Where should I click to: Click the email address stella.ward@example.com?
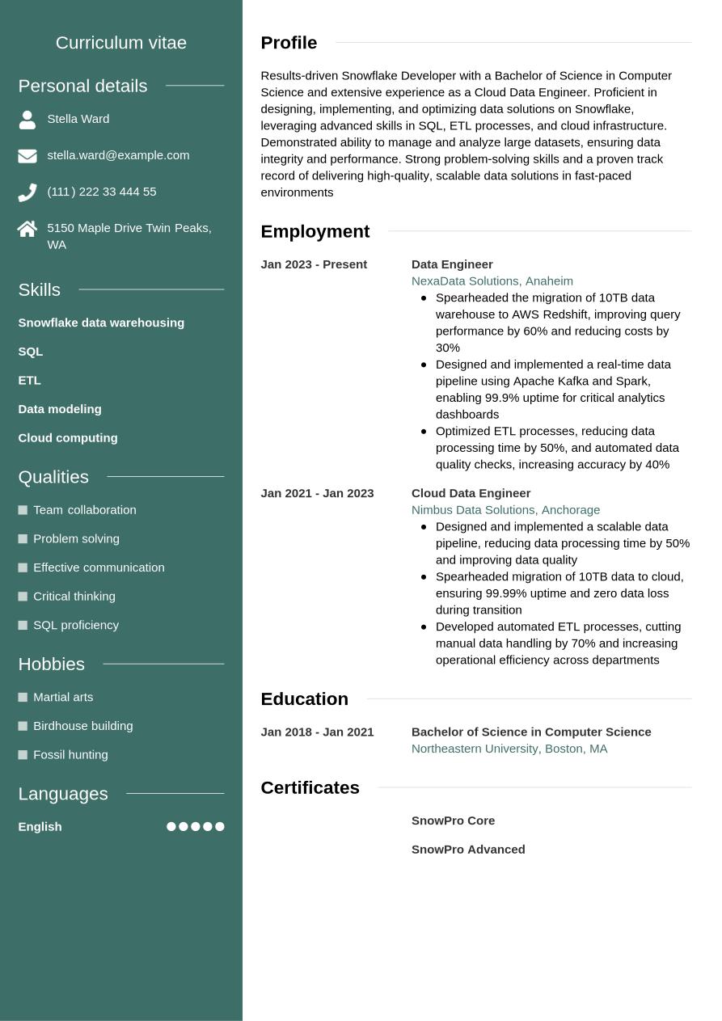[x=118, y=155]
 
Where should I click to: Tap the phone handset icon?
[x=27, y=192]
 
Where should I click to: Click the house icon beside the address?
[x=27, y=229]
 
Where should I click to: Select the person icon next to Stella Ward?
[x=27, y=120]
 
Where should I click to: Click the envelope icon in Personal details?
[x=27, y=156]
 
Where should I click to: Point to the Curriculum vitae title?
[x=121, y=43]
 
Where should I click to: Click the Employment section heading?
[x=315, y=231]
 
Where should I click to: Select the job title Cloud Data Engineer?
[x=471, y=493]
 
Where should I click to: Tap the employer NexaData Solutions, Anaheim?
[x=492, y=281]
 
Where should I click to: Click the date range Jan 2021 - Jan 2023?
[x=317, y=493]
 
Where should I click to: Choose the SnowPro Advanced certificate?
[x=468, y=850]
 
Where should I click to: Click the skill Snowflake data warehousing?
[x=101, y=323]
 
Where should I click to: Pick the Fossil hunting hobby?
[x=70, y=755]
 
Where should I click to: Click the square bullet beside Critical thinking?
[x=23, y=597]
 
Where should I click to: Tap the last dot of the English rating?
[x=220, y=826]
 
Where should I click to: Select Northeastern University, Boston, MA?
[x=509, y=749]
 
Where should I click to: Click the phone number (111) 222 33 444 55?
[x=102, y=192]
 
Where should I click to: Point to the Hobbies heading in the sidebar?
[x=51, y=664]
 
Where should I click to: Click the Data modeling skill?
[x=60, y=409]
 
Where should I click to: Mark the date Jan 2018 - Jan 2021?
[x=317, y=732]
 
